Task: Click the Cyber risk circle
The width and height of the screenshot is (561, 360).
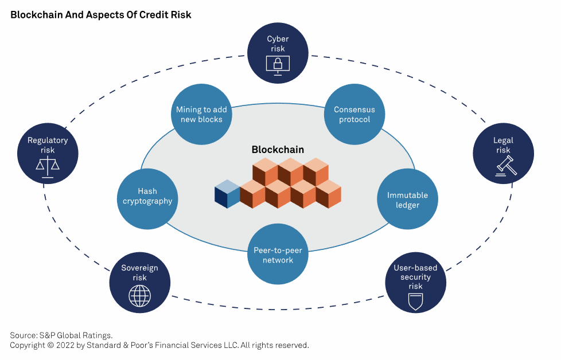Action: pyautogui.click(x=278, y=53)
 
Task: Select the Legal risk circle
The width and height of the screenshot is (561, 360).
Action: pyautogui.click(x=503, y=154)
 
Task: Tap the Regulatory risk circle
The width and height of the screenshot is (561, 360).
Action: pyautogui.click(x=48, y=154)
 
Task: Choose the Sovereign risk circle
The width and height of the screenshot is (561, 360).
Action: pyautogui.click(x=139, y=283)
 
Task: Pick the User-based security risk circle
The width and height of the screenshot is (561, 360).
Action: pyautogui.click(x=415, y=283)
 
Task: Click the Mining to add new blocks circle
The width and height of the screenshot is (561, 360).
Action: pyautogui.click(x=201, y=115)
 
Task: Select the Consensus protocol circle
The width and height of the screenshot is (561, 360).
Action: pyautogui.click(x=354, y=115)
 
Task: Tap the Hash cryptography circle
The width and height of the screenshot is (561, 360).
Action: pyautogui.click(x=147, y=199)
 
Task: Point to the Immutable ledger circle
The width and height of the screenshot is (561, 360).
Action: pyautogui.click(x=407, y=199)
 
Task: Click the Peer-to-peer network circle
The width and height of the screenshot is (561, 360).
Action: pyautogui.click(x=278, y=254)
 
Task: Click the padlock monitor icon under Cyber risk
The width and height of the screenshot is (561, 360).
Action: pyautogui.click(x=278, y=65)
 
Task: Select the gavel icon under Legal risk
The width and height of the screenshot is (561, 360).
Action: pyautogui.click(x=506, y=166)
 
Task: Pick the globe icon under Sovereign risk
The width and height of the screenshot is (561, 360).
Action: pyautogui.click(x=139, y=296)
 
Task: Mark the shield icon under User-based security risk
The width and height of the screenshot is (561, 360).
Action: pyautogui.click(x=415, y=302)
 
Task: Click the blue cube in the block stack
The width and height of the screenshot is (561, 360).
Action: pyautogui.click(x=227, y=194)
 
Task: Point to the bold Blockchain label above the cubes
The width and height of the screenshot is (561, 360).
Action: pyautogui.click(x=278, y=150)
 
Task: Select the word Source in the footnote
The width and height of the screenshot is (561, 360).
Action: pyautogui.click(x=24, y=335)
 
